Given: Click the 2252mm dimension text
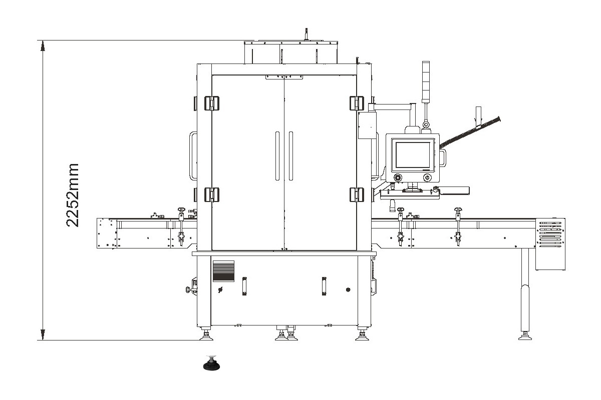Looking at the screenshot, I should pos(73,194).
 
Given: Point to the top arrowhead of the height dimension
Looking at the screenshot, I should pos(43,45).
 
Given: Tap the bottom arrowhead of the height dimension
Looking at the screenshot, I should pos(43,334).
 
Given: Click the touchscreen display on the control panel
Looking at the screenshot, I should pos(413,154).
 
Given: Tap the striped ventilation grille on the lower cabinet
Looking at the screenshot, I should pos(223,271).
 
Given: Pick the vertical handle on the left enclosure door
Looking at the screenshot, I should pos(277,155).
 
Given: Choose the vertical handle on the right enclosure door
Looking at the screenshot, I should pos(291,155).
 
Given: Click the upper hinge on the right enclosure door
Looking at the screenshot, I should pos(356,103).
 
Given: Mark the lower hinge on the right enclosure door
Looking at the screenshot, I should pos(356,194).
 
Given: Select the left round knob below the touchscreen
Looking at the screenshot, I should pos(398,177).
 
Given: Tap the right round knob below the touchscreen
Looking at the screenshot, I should pos(427,177).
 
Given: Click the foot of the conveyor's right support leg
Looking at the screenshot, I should pos(525,335).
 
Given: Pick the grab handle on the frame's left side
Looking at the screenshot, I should pos(192,155).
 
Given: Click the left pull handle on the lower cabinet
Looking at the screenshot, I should pos(244,286).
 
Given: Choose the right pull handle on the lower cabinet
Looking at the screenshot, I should pos(324,285).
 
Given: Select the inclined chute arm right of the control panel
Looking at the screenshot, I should pos(471,131).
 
